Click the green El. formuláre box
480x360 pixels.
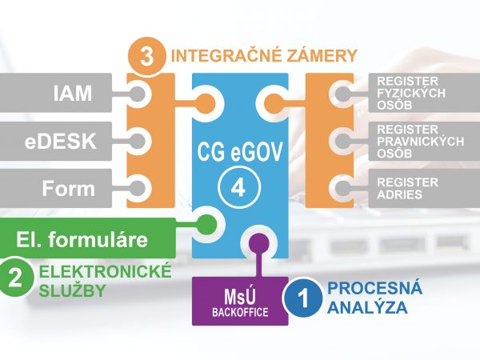point(88,238)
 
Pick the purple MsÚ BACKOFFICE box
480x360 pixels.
point(239,301)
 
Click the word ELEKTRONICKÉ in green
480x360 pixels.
point(105,272)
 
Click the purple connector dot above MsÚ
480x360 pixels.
point(258,241)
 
